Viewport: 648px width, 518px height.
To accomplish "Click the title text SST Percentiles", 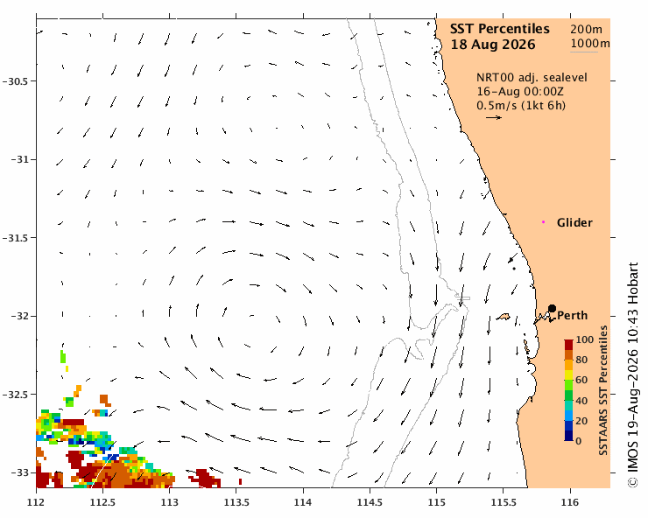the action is (500, 29).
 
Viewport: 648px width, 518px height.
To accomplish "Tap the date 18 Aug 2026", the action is (493, 45).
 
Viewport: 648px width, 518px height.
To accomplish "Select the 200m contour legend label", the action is (587, 30).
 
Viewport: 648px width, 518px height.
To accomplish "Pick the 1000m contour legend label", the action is (590, 44).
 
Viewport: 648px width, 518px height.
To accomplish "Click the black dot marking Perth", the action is (552, 308).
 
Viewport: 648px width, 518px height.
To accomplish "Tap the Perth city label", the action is (573, 316).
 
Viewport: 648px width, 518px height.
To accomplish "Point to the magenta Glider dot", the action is (544, 222).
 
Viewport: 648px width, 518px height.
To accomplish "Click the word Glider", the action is (574, 222).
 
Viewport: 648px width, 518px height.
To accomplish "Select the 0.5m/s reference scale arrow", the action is (494, 118).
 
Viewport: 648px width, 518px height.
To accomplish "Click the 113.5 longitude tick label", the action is (236, 503).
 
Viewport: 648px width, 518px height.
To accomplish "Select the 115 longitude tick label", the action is (436, 503).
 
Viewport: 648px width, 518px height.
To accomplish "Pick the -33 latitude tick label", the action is (18, 472).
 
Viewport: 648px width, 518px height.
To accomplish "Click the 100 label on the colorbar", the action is (584, 340).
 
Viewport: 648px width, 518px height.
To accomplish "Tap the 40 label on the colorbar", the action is (581, 401).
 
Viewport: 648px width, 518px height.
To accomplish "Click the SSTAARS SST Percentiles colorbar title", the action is (603, 390).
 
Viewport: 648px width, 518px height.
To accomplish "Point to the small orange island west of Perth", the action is (504, 317).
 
